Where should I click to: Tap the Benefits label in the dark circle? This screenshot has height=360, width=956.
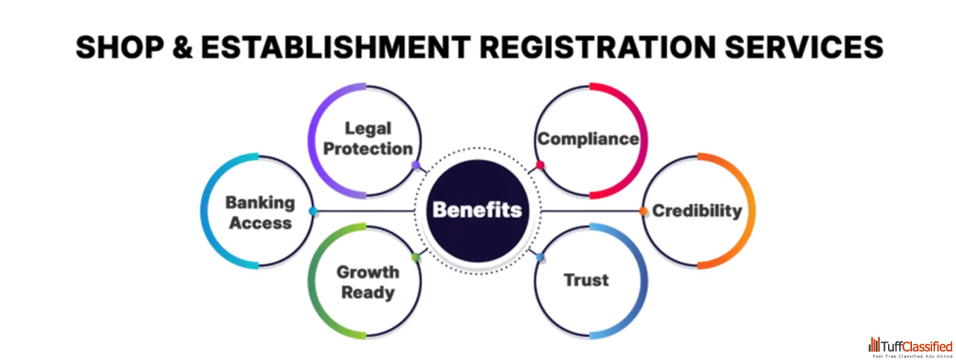477,210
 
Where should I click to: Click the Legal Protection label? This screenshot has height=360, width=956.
368,139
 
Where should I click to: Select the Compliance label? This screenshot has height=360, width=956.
589,139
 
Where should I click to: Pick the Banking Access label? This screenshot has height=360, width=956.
261,212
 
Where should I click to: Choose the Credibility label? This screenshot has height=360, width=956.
697,211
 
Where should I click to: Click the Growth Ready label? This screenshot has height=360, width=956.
367,282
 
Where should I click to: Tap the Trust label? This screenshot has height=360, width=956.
586,281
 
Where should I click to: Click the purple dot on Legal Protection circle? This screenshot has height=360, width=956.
416,166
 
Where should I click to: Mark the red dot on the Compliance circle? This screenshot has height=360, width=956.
540,165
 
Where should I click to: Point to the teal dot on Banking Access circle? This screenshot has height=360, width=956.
313,211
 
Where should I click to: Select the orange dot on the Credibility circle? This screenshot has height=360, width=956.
643,211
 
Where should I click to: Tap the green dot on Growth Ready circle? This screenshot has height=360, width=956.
415,258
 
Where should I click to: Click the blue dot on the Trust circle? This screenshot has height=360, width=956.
540,257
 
